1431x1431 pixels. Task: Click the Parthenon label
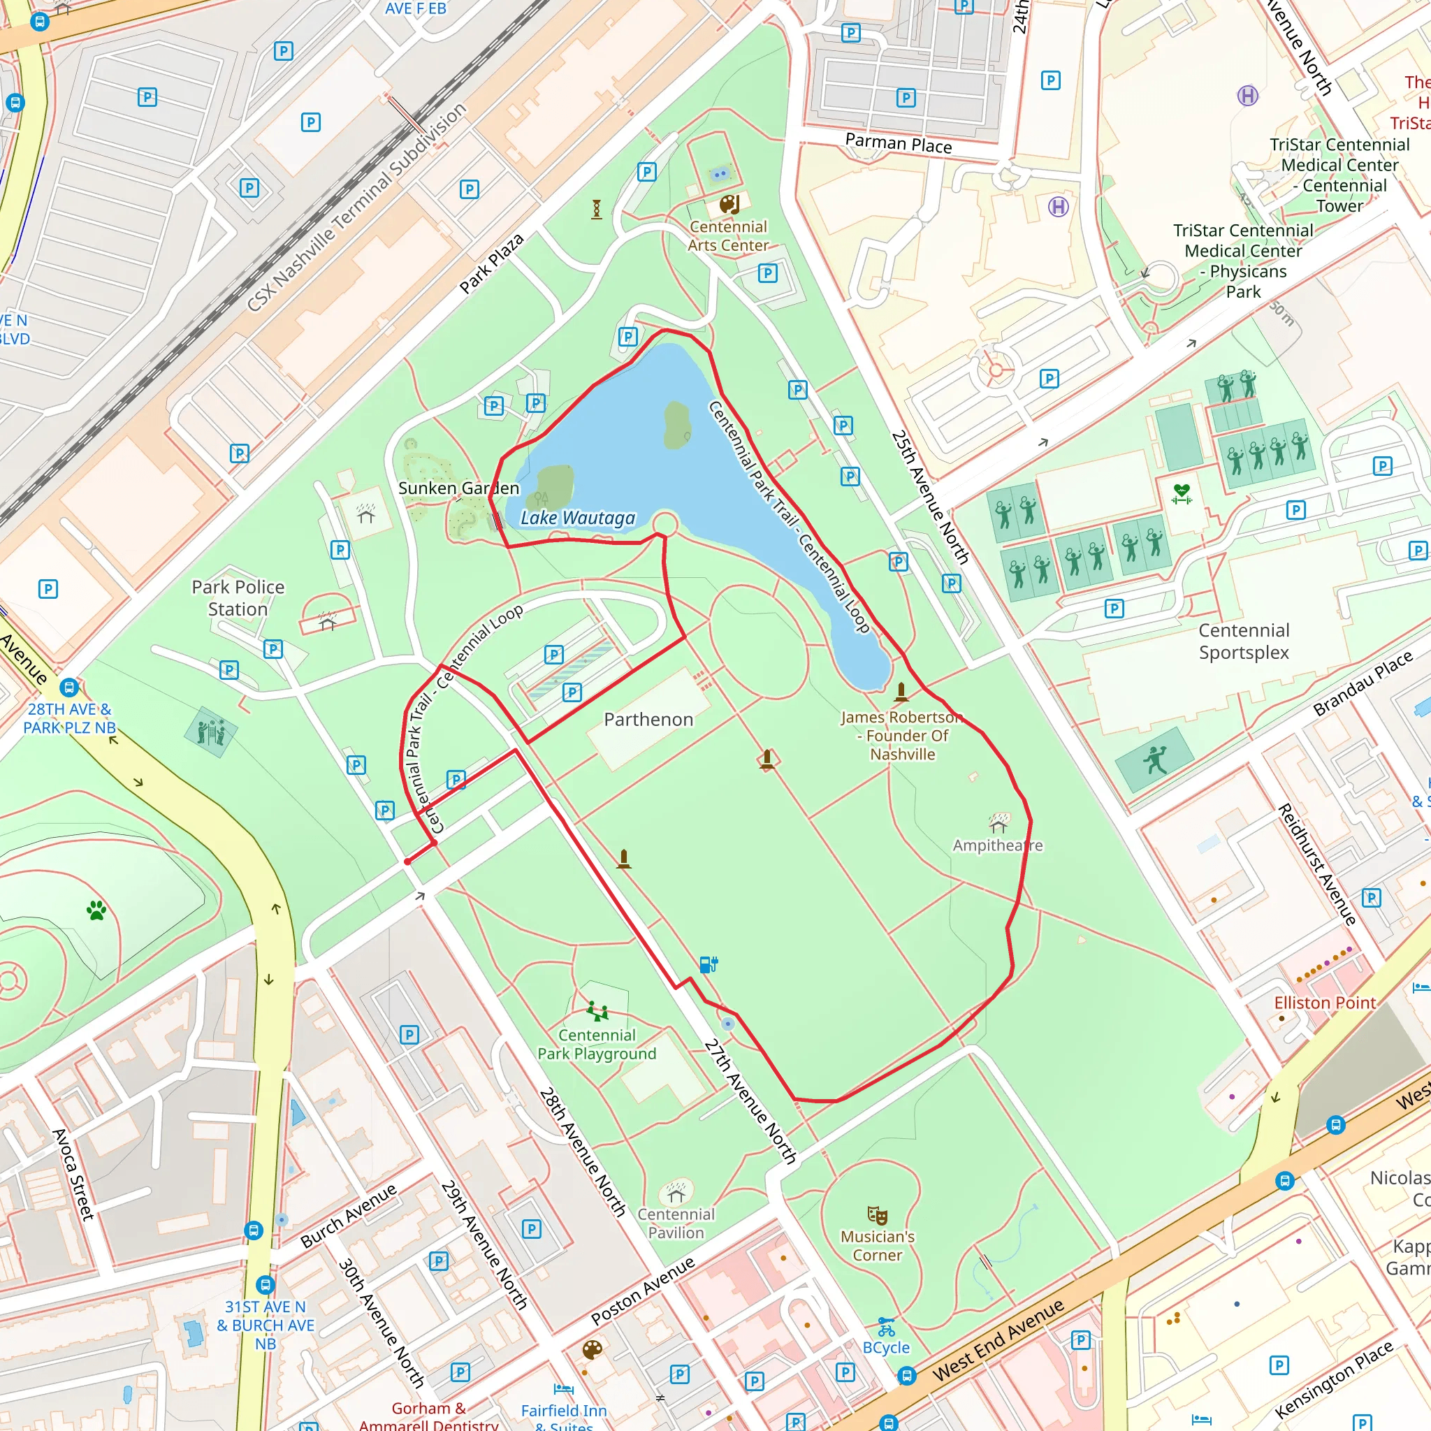[x=648, y=719]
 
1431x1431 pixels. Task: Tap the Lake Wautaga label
[x=577, y=518]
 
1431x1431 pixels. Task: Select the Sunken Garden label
[x=458, y=488]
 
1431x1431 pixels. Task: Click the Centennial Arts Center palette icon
[x=729, y=204]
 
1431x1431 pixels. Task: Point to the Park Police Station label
[x=238, y=597]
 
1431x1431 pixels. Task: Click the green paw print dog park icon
[x=96, y=910]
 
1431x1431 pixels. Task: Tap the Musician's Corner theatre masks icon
[x=877, y=1214]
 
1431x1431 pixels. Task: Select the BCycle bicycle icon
[x=886, y=1327]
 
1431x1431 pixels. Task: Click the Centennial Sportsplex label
[x=1244, y=641]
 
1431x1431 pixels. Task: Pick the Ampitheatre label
[x=997, y=845]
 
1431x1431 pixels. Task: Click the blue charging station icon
[x=708, y=964]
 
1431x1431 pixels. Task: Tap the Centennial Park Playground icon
[x=597, y=1010]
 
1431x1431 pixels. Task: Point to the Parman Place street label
[x=898, y=143]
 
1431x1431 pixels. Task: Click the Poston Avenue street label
[x=642, y=1291]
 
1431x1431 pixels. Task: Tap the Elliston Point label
[x=1324, y=1003]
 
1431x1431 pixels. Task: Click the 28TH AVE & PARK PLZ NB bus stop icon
[x=69, y=687]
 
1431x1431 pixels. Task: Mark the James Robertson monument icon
[x=901, y=692]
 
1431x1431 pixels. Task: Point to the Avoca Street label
[x=73, y=1175]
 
